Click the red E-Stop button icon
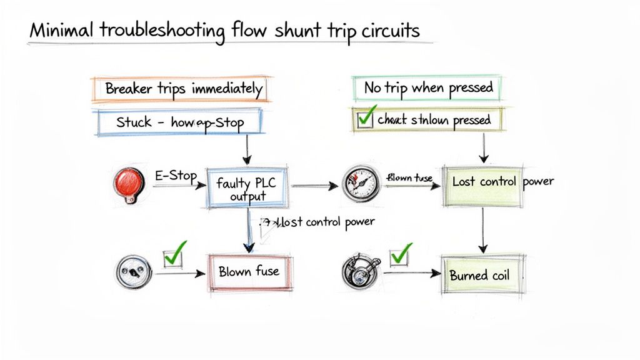tap(129, 182)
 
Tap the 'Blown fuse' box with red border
tap(249, 272)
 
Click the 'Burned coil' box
tap(480, 275)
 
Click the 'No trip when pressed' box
tap(428, 87)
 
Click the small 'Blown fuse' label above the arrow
tap(409, 177)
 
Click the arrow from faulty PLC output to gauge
tap(316, 186)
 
